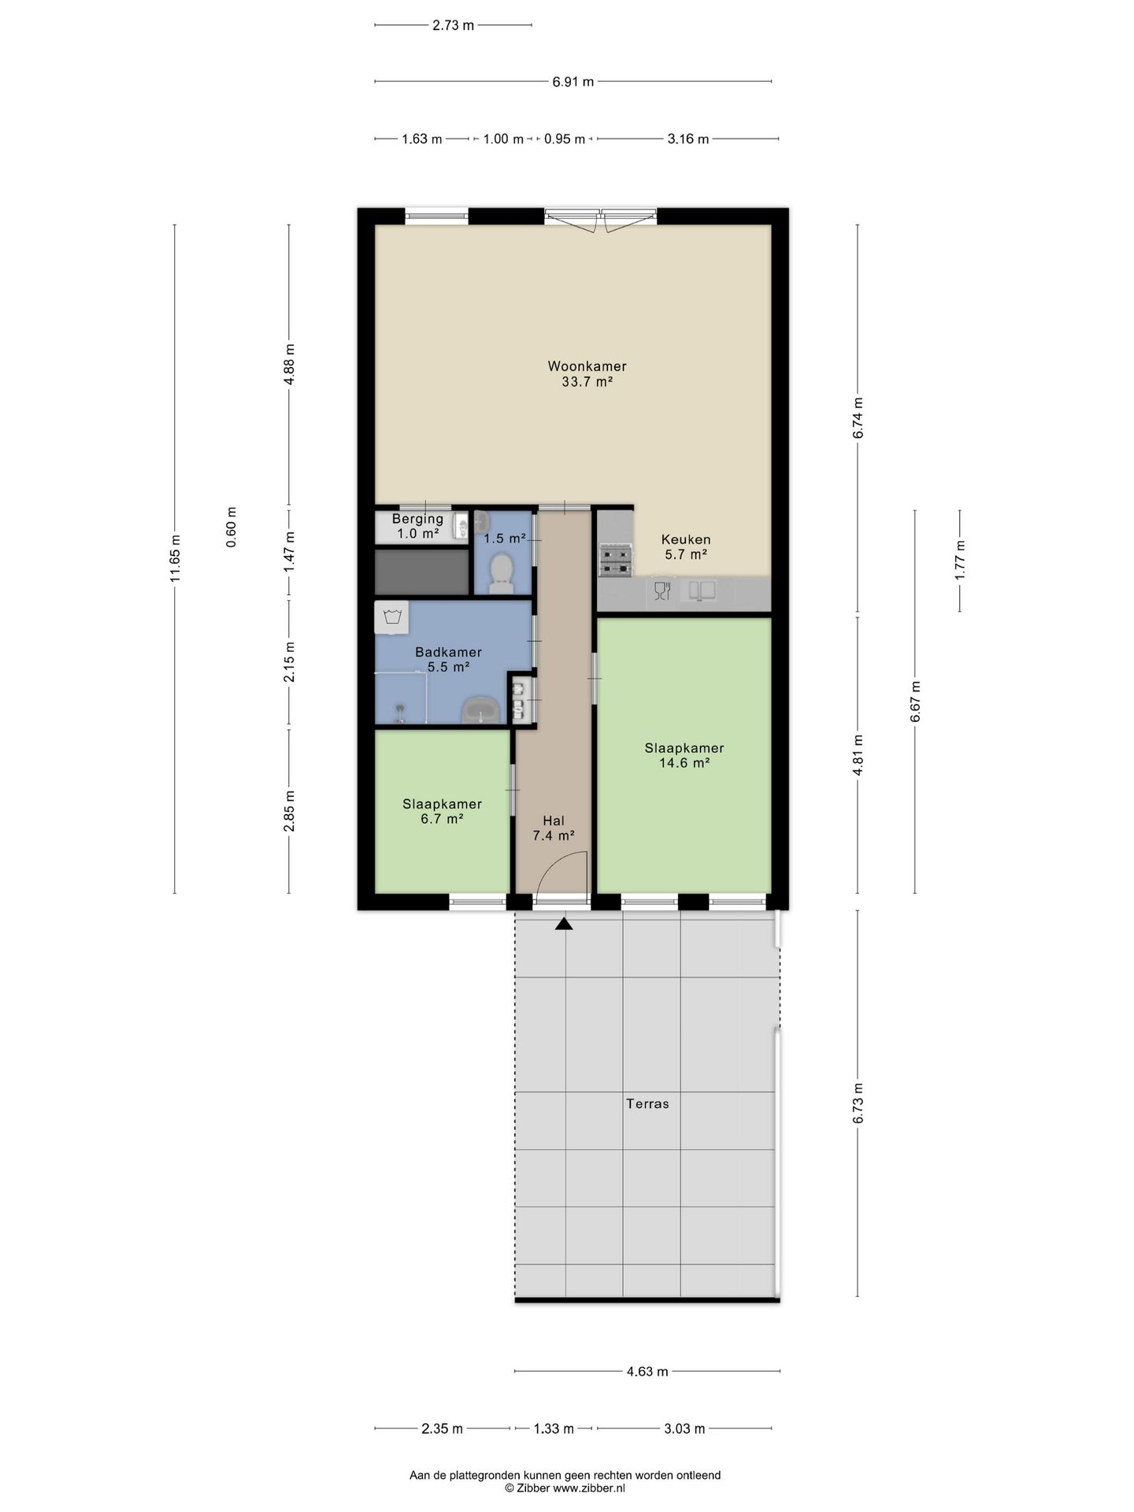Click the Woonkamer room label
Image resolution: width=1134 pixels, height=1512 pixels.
tap(587, 366)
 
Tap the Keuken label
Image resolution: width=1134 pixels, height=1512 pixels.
tap(686, 539)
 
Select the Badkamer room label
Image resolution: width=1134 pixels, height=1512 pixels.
tap(448, 652)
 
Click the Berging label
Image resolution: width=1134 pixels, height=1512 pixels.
tap(417, 519)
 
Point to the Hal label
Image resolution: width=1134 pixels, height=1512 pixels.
tap(554, 821)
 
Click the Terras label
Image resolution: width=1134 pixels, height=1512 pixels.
tap(647, 1104)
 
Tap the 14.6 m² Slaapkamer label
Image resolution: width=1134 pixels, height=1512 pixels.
tap(684, 748)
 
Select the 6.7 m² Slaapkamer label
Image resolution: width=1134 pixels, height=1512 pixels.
tap(442, 804)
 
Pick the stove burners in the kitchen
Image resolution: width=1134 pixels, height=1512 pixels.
tap(615, 560)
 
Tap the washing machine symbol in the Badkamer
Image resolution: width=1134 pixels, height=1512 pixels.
tap(392, 617)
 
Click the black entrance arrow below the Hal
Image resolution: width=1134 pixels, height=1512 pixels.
tap(564, 924)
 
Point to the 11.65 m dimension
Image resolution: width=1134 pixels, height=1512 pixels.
tap(175, 559)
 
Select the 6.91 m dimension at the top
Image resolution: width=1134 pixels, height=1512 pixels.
tap(573, 81)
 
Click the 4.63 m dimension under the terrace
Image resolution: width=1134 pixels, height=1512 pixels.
tap(647, 1371)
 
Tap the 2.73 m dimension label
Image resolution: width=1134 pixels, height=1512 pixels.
tap(454, 25)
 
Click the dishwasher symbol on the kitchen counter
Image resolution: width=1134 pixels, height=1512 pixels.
tap(661, 591)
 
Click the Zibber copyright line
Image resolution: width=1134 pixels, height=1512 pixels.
tap(565, 1488)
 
